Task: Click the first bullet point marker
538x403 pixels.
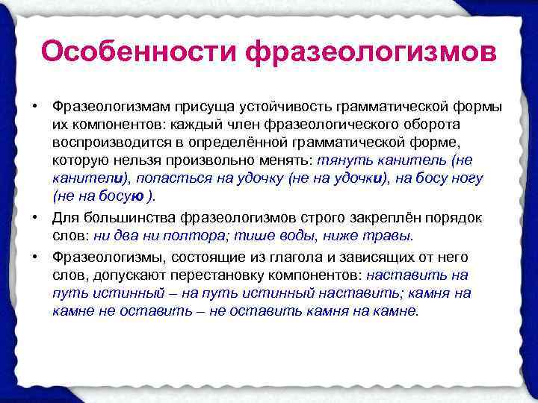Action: click(34, 104)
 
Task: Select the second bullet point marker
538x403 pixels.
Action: click(34, 217)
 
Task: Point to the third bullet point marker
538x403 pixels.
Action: click(34, 256)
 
